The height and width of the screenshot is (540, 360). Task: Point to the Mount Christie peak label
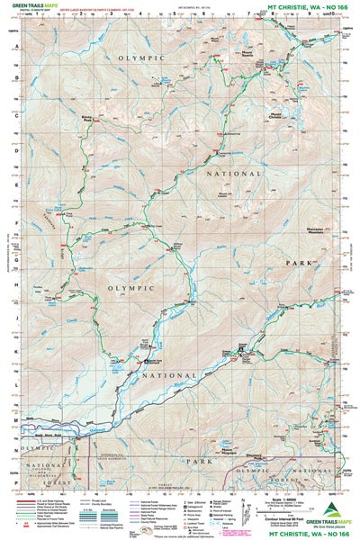277,115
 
